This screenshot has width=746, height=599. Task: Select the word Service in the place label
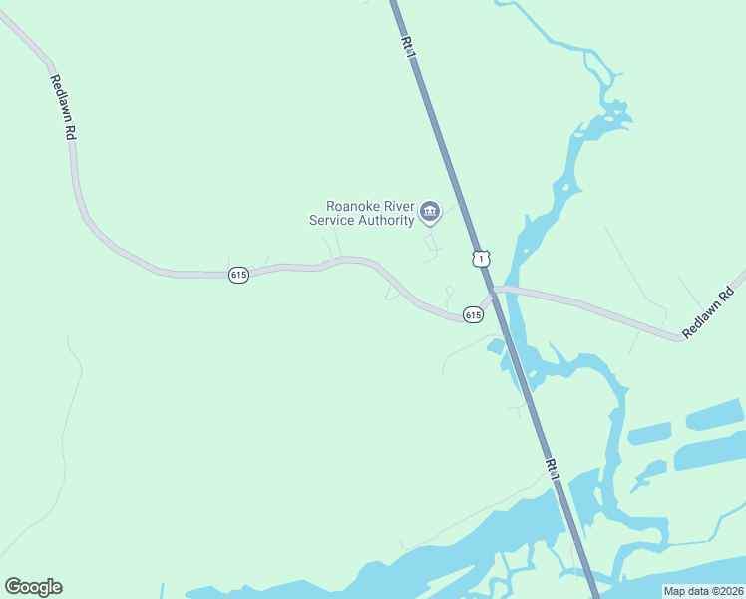tap(333, 221)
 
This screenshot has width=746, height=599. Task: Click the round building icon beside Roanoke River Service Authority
tap(430, 210)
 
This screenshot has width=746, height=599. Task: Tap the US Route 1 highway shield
tap(482, 259)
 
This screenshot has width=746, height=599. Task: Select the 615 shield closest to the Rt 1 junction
tap(473, 315)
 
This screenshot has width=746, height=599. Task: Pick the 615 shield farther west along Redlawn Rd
tap(237, 275)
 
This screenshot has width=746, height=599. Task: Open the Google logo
tap(33, 587)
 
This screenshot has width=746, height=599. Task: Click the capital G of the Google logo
tap(13, 587)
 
